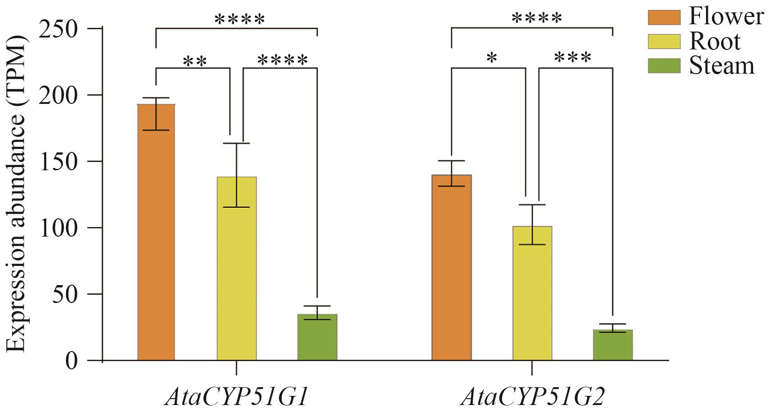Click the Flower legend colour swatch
click(x=664, y=17)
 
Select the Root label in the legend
click(x=714, y=41)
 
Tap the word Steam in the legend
click(x=722, y=65)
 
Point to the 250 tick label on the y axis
click(x=59, y=29)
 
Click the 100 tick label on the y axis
click(x=59, y=228)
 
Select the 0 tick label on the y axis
click(x=71, y=361)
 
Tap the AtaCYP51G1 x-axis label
click(x=236, y=396)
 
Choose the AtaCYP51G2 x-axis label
click(x=533, y=396)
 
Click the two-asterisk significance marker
click(x=195, y=61)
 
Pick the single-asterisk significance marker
click(x=492, y=59)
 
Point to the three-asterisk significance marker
click(x=572, y=59)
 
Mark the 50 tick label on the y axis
click(x=65, y=294)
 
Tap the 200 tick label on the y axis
click(x=59, y=96)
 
